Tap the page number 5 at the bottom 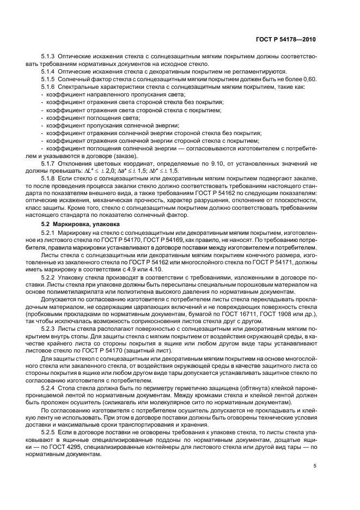pyautogui.click(x=315, y=466)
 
